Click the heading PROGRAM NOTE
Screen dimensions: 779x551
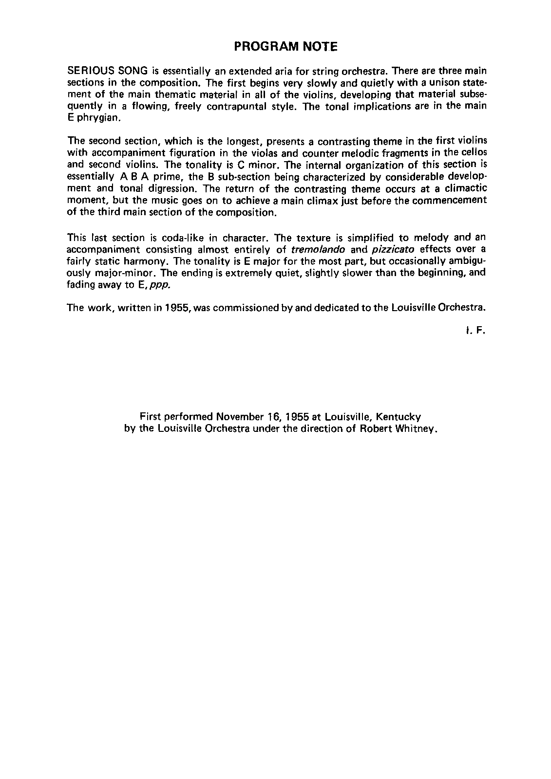(285, 47)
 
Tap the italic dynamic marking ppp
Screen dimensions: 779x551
(160, 285)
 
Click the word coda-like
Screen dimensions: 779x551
(196, 238)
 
